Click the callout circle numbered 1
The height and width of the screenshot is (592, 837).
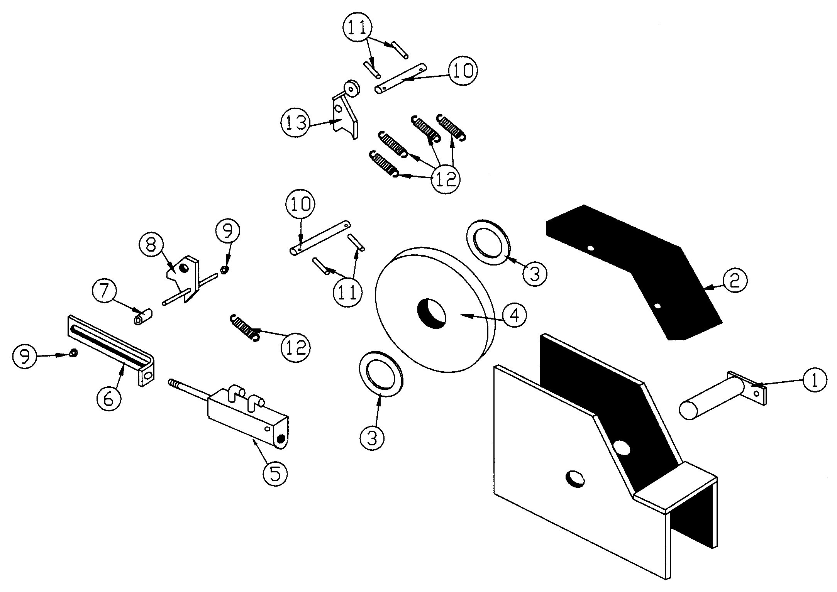click(815, 381)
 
